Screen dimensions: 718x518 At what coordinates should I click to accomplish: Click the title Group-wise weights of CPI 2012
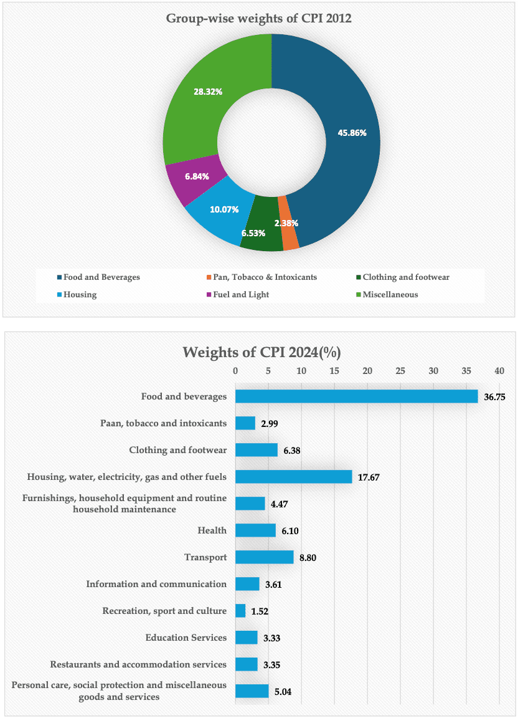[x=259, y=18]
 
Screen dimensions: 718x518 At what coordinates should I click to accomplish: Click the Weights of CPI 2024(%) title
[x=261, y=352]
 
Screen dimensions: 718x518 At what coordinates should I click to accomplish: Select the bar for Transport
[x=264, y=557]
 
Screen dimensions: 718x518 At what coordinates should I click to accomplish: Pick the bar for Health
[x=255, y=530]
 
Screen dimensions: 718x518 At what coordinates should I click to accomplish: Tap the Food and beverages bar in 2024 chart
[x=356, y=396]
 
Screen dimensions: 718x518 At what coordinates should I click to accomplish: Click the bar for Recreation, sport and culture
[x=240, y=611]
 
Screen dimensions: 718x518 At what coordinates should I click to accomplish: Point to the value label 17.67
[x=369, y=477]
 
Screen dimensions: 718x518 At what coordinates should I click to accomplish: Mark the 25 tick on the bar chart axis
[x=400, y=371]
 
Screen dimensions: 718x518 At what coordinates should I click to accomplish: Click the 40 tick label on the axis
[x=499, y=371]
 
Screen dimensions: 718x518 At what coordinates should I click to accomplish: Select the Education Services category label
[x=186, y=638]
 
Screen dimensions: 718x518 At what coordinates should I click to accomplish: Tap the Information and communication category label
[x=156, y=584]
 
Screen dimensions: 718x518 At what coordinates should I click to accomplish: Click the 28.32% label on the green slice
[x=208, y=92]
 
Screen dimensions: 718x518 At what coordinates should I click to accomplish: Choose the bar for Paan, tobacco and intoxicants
[x=245, y=423]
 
